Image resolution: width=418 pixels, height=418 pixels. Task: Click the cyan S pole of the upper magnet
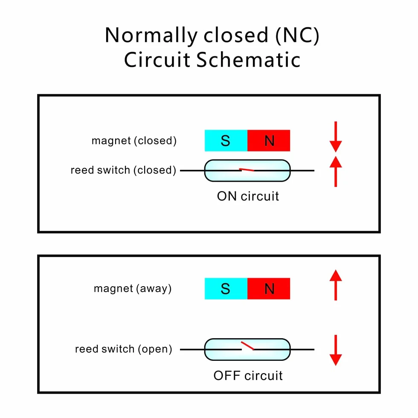[226, 140]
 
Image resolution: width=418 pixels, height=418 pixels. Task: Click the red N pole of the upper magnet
[269, 140]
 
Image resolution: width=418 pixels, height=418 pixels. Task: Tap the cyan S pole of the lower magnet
[226, 288]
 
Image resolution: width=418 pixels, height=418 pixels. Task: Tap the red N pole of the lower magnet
[269, 288]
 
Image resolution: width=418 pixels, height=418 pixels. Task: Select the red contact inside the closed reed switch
[247, 170]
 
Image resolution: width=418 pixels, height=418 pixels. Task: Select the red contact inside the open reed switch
[247, 345]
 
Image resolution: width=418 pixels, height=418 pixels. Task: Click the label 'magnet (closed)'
[134, 141]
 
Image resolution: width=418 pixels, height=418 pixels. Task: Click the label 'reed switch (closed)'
[123, 170]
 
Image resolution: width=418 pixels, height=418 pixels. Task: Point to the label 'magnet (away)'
[133, 288]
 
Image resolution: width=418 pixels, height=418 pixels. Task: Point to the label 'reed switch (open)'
[124, 349]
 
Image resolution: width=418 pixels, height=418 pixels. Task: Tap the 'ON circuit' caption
[248, 196]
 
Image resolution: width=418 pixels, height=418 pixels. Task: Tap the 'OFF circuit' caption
[248, 376]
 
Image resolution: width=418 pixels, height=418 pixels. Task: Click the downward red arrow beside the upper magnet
[336, 137]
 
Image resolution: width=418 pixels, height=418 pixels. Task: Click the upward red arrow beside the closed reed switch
[336, 171]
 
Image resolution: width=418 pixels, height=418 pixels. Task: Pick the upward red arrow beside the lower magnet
[336, 285]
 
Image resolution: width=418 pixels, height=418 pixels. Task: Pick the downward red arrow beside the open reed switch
[336, 350]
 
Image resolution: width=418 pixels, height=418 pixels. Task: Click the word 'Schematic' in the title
[248, 59]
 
